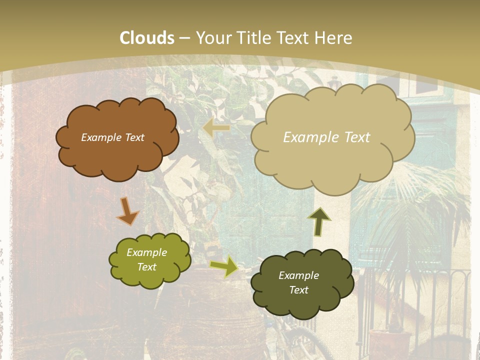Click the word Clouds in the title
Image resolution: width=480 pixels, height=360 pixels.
click(x=147, y=38)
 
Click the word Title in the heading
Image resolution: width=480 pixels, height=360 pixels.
click(x=251, y=38)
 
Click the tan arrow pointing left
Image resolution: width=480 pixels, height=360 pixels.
click(x=216, y=128)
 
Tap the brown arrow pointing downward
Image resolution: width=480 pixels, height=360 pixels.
click(x=128, y=211)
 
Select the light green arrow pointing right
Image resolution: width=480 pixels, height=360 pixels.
click(x=224, y=266)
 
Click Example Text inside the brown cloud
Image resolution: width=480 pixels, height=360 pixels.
click(x=112, y=137)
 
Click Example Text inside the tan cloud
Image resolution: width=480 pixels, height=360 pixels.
click(x=326, y=137)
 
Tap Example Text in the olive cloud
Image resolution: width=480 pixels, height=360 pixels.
click(x=146, y=259)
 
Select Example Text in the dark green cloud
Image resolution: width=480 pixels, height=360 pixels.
click(x=298, y=282)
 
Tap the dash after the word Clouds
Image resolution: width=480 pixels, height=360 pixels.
click(x=184, y=38)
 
